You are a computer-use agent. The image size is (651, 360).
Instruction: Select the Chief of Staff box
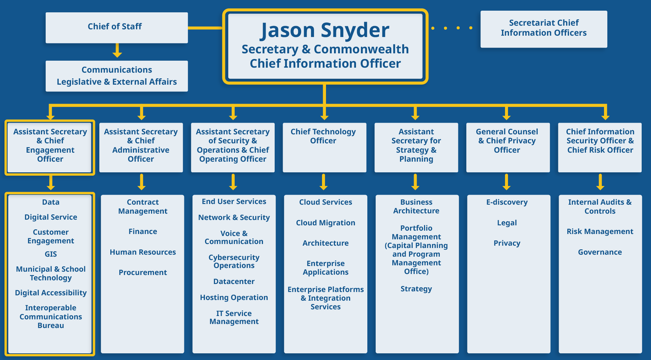(x=116, y=27)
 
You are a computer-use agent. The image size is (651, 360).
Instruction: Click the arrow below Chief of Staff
(x=117, y=51)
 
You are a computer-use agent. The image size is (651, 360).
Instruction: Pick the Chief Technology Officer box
(x=324, y=147)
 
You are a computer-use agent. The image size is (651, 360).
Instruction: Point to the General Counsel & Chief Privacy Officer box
(x=507, y=147)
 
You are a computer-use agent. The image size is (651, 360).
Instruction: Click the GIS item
(x=51, y=254)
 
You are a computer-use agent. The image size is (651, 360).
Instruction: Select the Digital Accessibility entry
(x=51, y=293)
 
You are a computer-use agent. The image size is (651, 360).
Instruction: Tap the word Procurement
(x=143, y=272)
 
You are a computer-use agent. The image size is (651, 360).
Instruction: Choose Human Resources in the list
(x=143, y=252)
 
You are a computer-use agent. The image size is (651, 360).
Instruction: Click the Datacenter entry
(x=234, y=281)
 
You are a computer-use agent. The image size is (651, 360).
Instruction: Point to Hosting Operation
(x=234, y=297)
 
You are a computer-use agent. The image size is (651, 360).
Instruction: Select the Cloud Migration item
(x=325, y=223)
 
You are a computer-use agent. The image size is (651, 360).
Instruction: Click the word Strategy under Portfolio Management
(x=416, y=289)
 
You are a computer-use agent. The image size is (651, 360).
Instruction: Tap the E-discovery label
(x=507, y=202)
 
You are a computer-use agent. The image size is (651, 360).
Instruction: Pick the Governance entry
(x=600, y=252)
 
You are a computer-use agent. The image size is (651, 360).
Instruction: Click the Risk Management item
(x=600, y=231)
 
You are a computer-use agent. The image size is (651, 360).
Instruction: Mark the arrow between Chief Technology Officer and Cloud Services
(x=324, y=182)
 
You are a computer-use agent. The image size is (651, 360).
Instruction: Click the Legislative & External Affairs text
(x=117, y=82)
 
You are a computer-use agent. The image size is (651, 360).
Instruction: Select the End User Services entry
(x=234, y=201)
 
